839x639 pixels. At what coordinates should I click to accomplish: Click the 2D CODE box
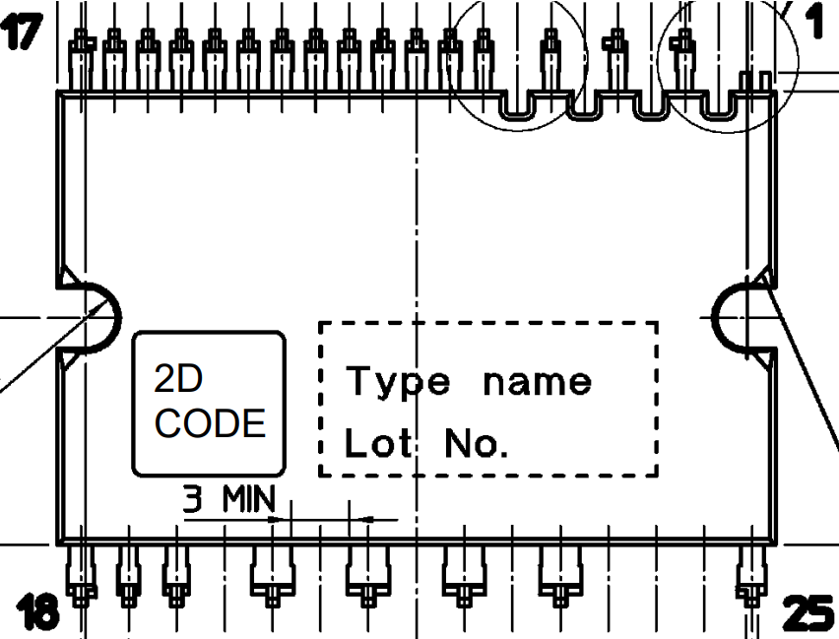tap(210, 404)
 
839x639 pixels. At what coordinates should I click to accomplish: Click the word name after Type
tap(538, 381)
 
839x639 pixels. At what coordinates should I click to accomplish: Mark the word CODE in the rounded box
tap(211, 423)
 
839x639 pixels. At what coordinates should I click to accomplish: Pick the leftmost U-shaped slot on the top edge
tap(518, 106)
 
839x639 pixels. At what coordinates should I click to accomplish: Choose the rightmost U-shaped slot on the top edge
tap(718, 106)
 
